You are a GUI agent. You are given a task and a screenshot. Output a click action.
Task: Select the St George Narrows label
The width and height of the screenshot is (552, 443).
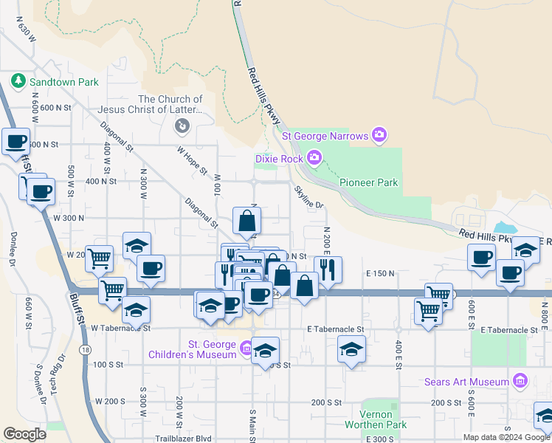(325, 134)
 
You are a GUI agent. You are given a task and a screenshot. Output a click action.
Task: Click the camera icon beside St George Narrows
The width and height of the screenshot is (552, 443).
(379, 134)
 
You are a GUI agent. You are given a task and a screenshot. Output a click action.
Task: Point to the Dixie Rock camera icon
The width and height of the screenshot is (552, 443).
(314, 157)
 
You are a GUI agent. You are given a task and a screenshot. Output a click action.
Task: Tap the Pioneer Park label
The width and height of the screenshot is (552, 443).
(368, 182)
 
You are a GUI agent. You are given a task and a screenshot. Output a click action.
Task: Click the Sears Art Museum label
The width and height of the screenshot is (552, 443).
(468, 382)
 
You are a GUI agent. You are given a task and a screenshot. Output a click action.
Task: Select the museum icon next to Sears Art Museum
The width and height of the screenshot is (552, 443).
(521, 381)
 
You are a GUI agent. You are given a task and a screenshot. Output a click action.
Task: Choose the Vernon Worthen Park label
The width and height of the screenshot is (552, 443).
(376, 419)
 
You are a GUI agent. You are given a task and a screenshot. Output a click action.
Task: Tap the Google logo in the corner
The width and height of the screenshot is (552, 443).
(25, 433)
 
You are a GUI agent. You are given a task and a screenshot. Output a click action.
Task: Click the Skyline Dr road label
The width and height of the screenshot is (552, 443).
(309, 196)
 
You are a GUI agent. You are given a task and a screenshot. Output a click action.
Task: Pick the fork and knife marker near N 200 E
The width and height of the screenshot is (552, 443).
(328, 269)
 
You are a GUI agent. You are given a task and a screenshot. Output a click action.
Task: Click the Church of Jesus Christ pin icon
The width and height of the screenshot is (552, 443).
(181, 127)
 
